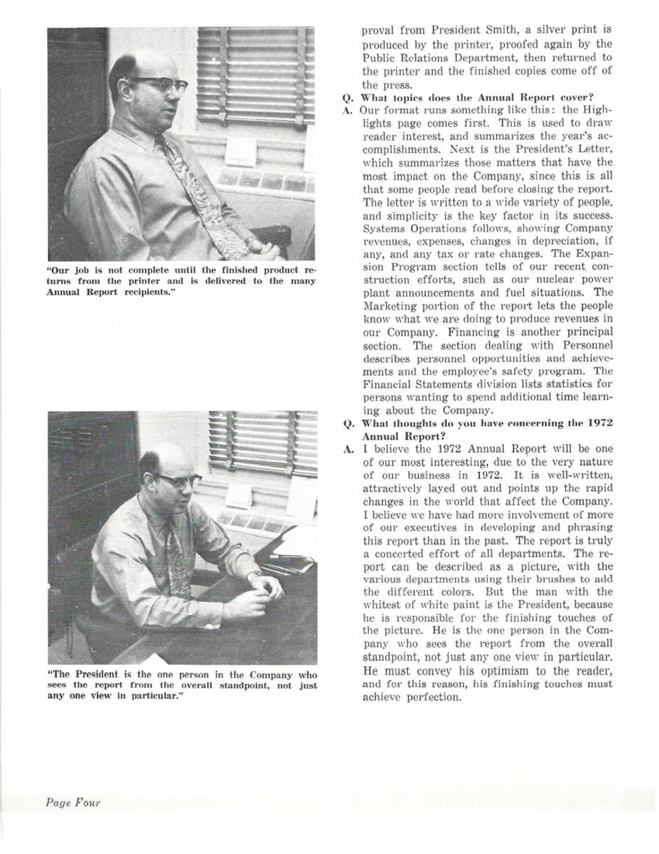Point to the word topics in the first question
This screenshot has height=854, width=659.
408,97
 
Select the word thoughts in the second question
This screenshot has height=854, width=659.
412,423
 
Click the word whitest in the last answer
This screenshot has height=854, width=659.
383,605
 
